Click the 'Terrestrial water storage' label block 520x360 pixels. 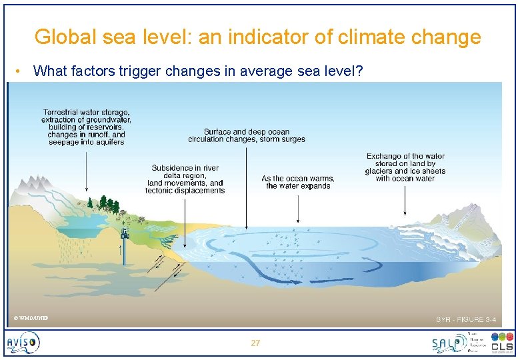87,127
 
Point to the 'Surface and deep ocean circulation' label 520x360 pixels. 246,135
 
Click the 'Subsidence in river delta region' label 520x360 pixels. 185,179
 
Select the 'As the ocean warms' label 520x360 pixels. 298,182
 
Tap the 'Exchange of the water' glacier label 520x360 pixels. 405,167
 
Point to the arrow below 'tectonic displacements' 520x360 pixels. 185,213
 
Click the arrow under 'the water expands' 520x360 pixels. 298,207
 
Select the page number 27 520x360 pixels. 255,343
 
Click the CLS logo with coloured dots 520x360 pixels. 501,343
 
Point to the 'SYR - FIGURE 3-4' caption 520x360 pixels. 465,320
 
